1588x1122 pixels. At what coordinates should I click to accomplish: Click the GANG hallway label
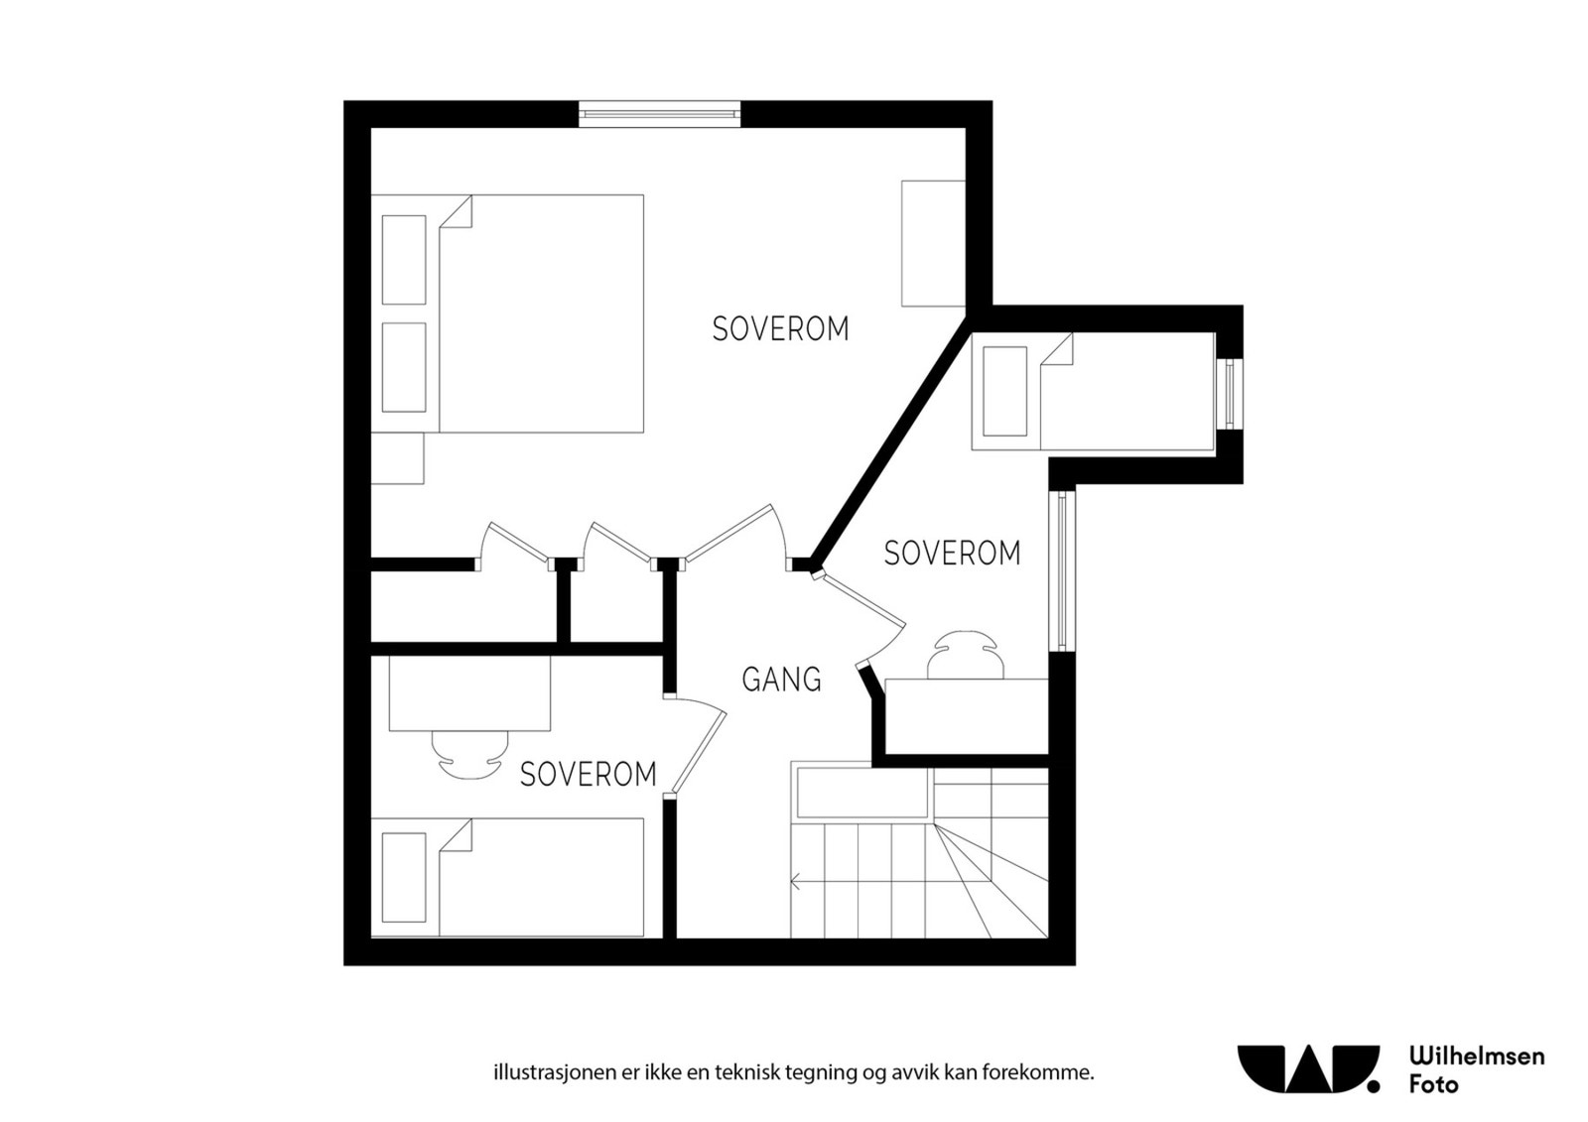point(781,680)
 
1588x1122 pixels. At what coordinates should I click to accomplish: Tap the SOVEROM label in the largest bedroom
point(780,328)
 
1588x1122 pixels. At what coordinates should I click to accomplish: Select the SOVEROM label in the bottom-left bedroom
point(588,774)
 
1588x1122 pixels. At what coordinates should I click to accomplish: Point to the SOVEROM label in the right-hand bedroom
point(952,553)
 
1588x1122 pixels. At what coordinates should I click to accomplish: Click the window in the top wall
point(660,115)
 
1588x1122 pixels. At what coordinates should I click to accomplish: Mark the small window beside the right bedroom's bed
point(1230,393)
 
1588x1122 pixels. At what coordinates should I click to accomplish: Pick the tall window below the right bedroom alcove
point(1062,570)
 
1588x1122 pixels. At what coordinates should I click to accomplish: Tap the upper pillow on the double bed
point(404,260)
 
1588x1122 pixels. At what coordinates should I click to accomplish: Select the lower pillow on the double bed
point(404,367)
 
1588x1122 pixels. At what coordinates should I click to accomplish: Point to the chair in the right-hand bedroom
point(966,655)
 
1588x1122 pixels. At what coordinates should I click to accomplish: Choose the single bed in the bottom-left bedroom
point(507,877)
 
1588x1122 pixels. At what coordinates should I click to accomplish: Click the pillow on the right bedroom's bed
point(1004,392)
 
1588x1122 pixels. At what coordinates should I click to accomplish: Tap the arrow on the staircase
point(796,880)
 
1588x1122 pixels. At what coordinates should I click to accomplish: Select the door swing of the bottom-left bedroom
point(700,744)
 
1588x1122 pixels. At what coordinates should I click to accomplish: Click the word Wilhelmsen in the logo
point(1476,1057)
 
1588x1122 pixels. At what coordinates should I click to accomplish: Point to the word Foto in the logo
point(1433,1084)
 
